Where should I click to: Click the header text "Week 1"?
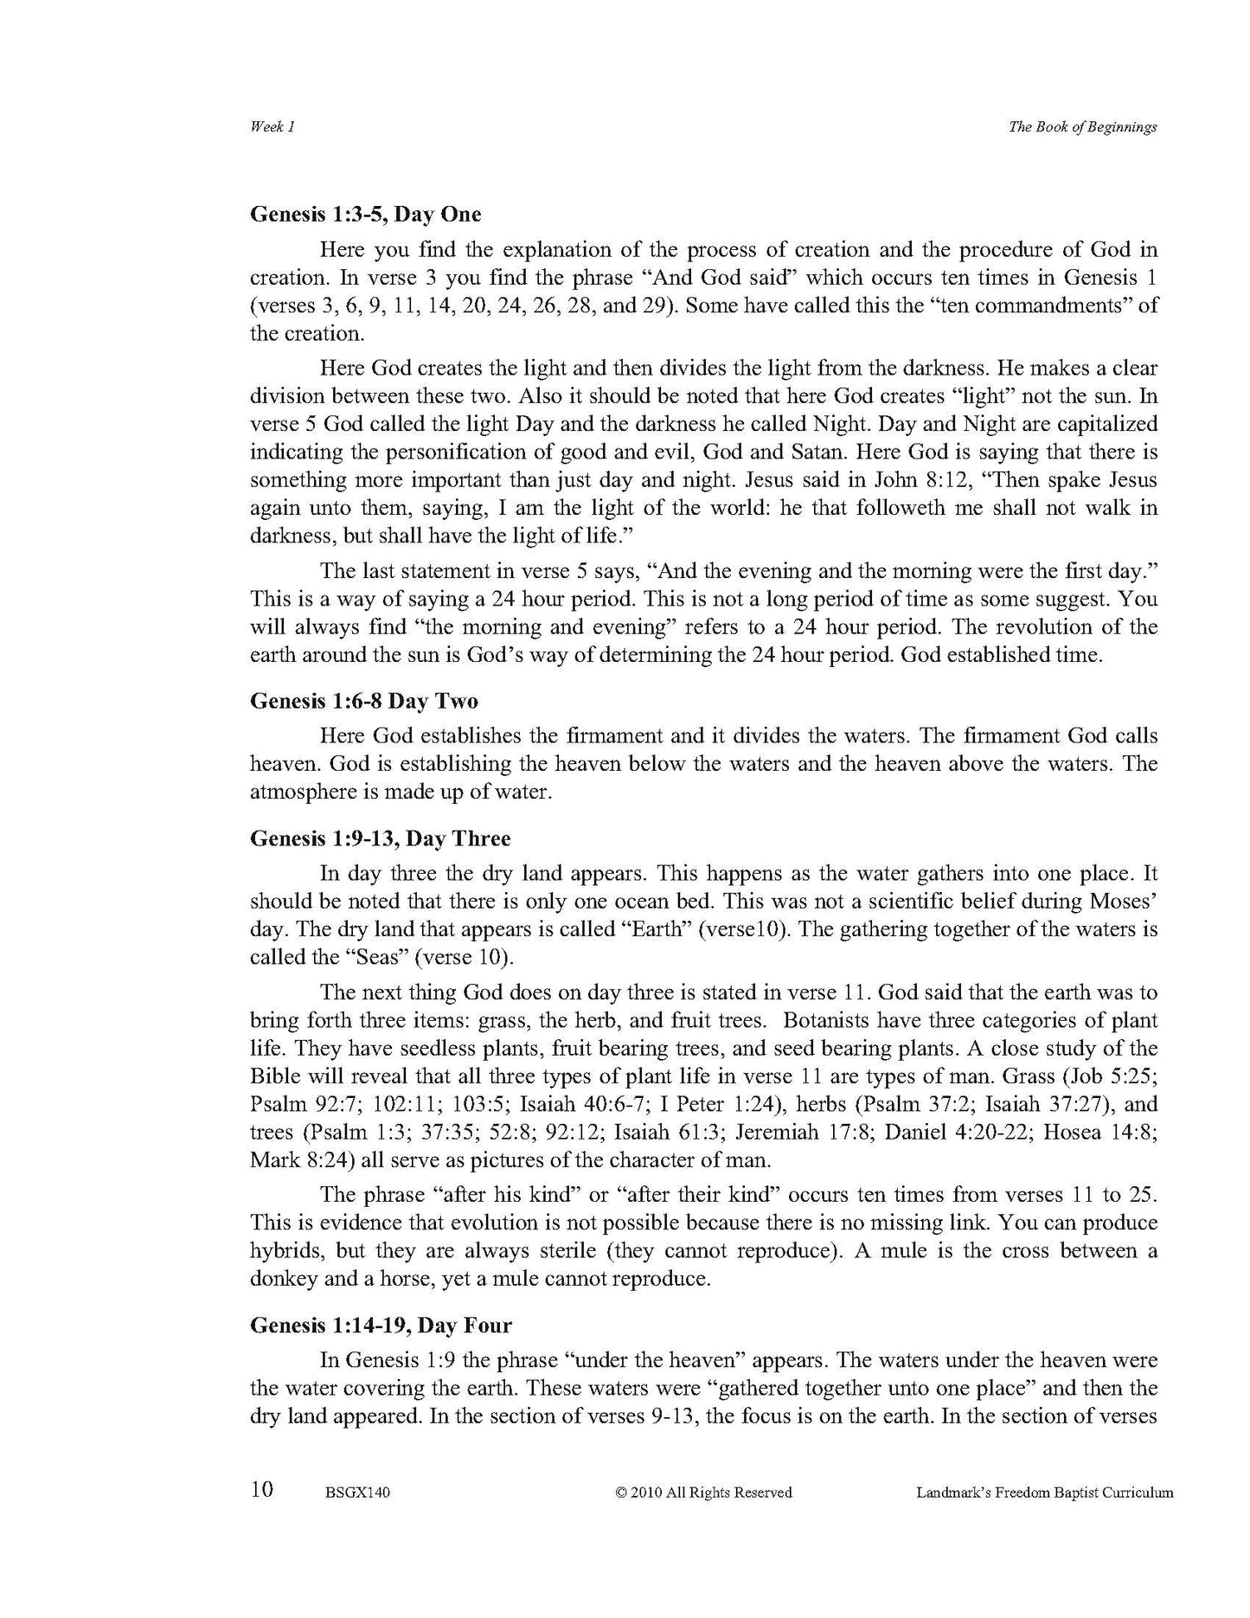coord(272,127)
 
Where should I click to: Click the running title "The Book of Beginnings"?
coord(1082,127)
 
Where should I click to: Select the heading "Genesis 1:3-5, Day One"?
coord(365,214)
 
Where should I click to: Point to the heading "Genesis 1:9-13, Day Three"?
coord(380,838)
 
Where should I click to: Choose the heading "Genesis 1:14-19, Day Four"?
coord(381,1325)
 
